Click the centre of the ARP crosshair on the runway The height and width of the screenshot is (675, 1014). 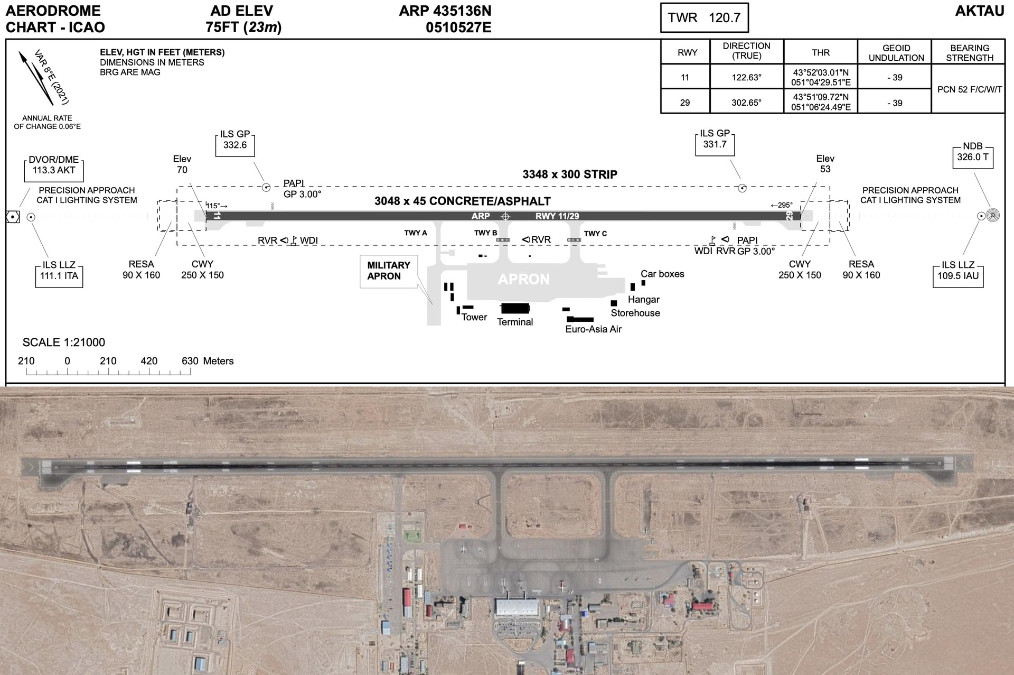click(x=505, y=216)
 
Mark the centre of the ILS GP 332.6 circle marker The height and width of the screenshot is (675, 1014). click(x=266, y=187)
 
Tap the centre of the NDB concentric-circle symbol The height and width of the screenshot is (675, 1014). click(x=993, y=216)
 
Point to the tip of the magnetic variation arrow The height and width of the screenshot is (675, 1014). click(x=20, y=51)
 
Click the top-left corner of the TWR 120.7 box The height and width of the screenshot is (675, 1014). click(x=661, y=4)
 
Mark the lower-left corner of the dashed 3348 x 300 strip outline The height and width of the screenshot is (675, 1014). click(x=177, y=245)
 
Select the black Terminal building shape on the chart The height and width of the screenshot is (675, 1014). click(x=515, y=308)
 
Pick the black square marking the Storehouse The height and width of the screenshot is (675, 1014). click(x=614, y=303)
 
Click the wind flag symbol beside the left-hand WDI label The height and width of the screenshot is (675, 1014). click(x=294, y=241)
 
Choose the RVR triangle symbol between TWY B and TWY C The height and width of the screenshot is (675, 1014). click(x=526, y=239)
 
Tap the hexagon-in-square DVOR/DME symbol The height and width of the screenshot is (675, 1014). click(x=13, y=217)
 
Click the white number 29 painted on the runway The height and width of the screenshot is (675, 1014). click(x=790, y=216)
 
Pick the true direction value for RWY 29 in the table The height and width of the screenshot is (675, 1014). click(x=746, y=103)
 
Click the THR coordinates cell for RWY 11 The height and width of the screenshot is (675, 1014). click(x=821, y=77)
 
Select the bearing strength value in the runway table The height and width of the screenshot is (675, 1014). click(x=969, y=89)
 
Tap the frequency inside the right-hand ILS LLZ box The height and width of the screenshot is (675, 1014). click(x=958, y=275)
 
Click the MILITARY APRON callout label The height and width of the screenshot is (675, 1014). click(x=389, y=271)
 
